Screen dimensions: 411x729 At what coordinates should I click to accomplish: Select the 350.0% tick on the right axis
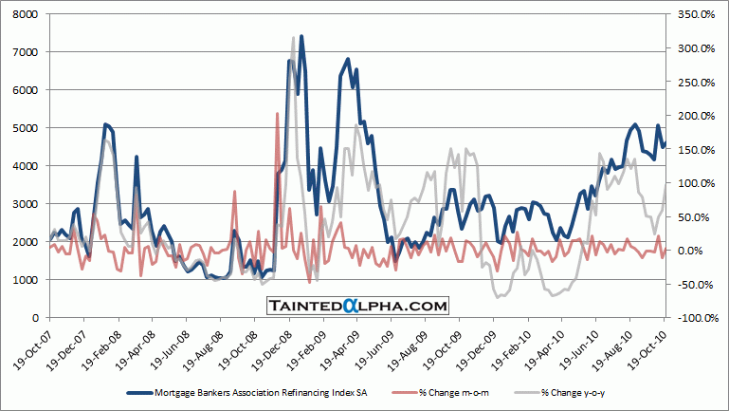pyautogui.click(x=695, y=14)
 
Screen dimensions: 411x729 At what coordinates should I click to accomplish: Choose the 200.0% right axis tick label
pyautogui.click(x=695, y=116)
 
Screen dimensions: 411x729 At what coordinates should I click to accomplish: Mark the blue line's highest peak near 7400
pyautogui.click(x=301, y=37)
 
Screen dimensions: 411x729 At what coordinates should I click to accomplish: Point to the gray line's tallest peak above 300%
pyautogui.click(x=294, y=38)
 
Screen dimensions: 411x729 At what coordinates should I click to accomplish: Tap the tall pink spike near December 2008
pyautogui.click(x=277, y=113)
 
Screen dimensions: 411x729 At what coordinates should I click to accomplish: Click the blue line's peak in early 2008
pyautogui.click(x=106, y=124)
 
